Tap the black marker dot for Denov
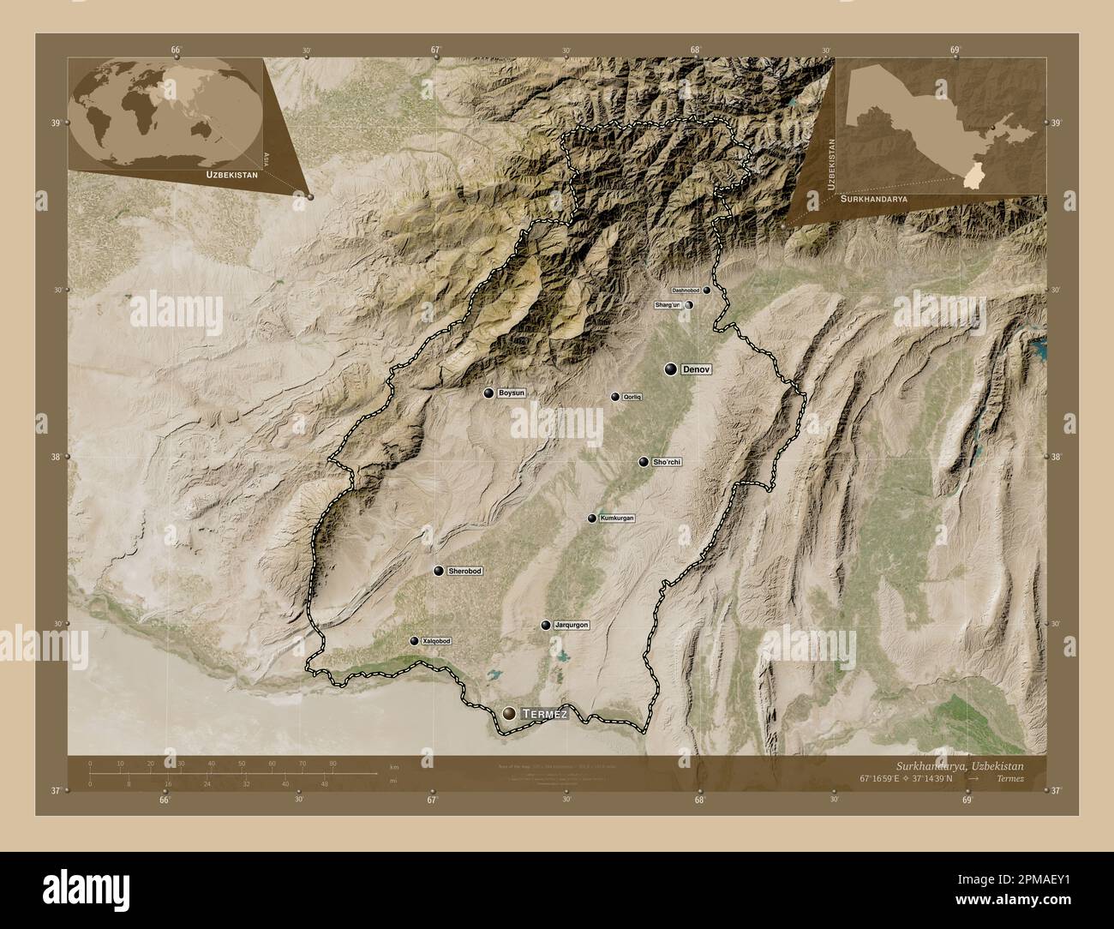coord(672,369)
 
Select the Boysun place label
coord(511,393)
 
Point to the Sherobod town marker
coord(439,572)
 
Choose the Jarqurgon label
coord(572,626)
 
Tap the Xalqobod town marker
coord(414,641)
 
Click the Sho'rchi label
coord(666,462)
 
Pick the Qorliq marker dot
coord(614,397)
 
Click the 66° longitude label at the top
coord(176,51)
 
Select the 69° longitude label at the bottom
coord(967,800)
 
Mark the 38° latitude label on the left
coord(56,457)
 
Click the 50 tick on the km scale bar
coord(242,763)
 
